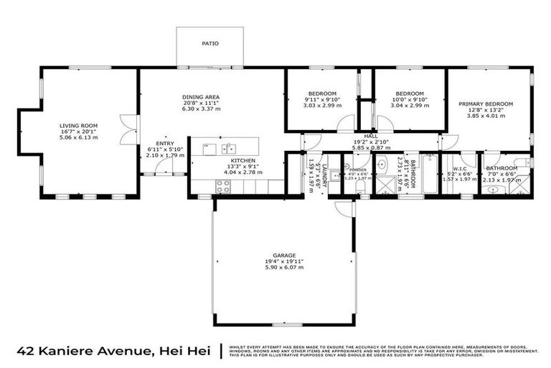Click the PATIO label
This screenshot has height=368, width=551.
[x=210, y=44]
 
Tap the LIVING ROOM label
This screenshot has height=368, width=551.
[x=78, y=126]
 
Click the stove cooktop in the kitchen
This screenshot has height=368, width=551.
[x=222, y=185]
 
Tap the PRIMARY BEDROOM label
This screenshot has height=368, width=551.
[x=486, y=104]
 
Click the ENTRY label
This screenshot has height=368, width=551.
[x=164, y=143]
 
